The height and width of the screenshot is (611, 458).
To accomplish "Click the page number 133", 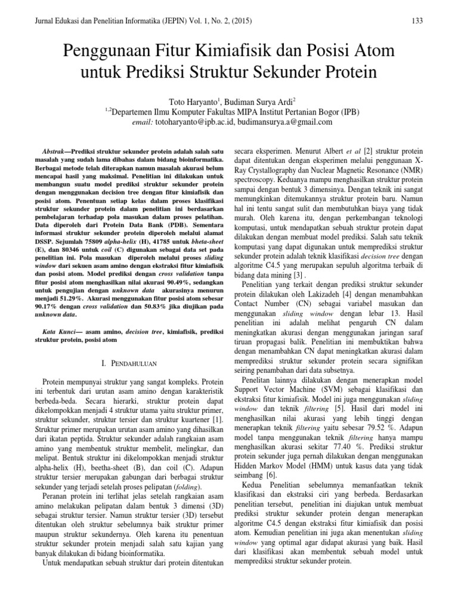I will [417, 21].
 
